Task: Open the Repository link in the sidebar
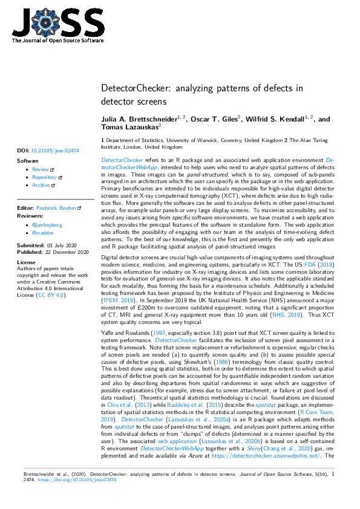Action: tap(44, 178)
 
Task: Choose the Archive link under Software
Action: tap(41, 185)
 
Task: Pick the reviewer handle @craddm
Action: tap(44, 233)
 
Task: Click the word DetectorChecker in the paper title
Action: tap(134, 88)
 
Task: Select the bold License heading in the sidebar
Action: tap(26, 262)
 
